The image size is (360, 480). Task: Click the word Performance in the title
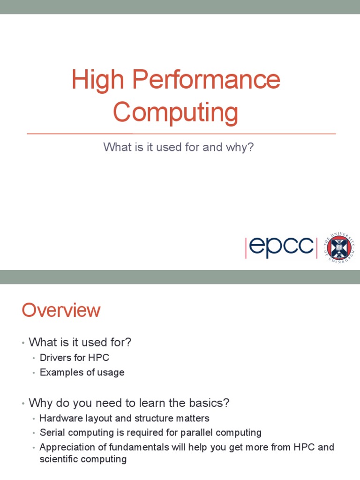206,80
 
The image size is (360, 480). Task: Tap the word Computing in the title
176,112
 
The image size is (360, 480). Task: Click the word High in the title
97,80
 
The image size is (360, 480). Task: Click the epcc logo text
281,248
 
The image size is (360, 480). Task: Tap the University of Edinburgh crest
340,247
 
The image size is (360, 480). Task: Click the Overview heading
61,310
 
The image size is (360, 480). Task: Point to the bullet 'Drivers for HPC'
75,358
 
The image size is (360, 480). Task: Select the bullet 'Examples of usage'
82,373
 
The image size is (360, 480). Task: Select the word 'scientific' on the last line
60,459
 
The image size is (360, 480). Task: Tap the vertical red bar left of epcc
246,248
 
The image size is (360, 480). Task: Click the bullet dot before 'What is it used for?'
22,343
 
